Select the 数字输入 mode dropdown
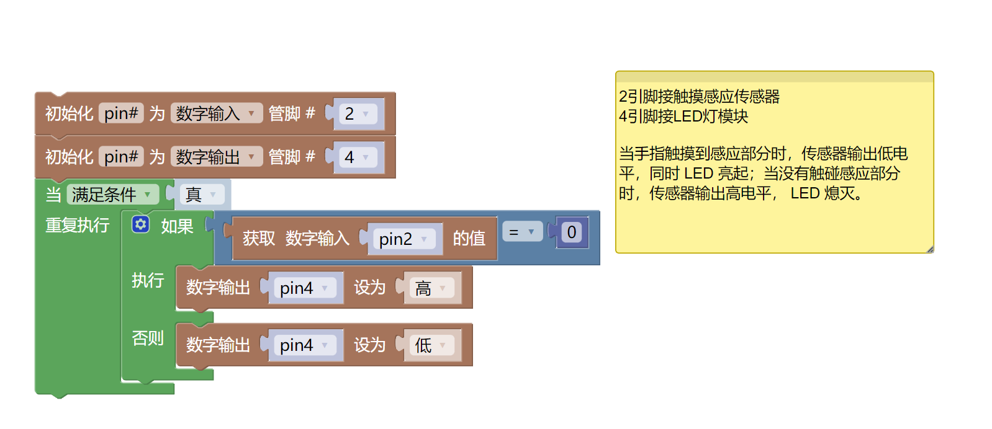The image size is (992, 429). (x=215, y=113)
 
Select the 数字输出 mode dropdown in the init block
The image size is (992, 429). (x=215, y=157)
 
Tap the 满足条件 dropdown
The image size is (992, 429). (x=112, y=195)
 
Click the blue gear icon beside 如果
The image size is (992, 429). (x=141, y=224)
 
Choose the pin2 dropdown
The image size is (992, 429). (x=403, y=239)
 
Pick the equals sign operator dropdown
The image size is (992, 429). (x=521, y=232)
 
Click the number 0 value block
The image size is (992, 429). (x=572, y=232)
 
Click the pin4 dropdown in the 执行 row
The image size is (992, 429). (x=304, y=288)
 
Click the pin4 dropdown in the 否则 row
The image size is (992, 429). (x=304, y=345)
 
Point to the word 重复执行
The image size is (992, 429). (x=77, y=225)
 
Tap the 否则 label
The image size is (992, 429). (x=148, y=338)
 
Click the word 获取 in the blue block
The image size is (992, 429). (x=258, y=238)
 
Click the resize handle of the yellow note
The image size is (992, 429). (x=929, y=249)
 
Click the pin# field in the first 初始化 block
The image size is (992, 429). (x=121, y=113)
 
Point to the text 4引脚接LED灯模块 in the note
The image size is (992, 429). (x=683, y=117)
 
